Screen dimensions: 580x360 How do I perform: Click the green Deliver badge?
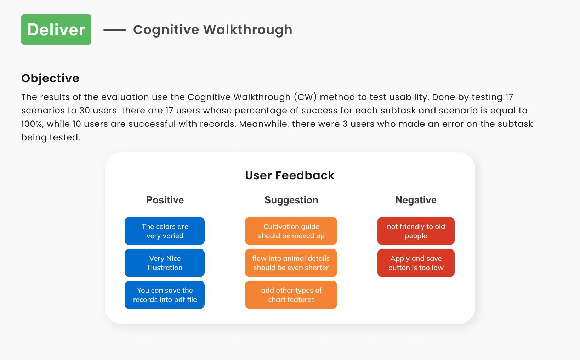pyautogui.click(x=56, y=29)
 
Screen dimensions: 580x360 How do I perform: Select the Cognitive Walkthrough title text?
pyautogui.click(x=212, y=30)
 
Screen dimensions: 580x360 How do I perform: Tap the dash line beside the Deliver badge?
pyautogui.click(x=115, y=30)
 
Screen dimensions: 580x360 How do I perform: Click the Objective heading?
pyautogui.click(x=50, y=78)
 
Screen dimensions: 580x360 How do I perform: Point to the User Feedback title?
pyautogui.click(x=290, y=175)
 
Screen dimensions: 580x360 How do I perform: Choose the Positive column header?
pyautogui.click(x=165, y=200)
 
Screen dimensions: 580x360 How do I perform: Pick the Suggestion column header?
pyautogui.click(x=291, y=200)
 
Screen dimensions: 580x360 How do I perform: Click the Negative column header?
pyautogui.click(x=416, y=200)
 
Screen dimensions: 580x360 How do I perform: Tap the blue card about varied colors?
pyautogui.click(x=165, y=231)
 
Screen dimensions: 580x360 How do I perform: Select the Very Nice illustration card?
pyautogui.click(x=165, y=263)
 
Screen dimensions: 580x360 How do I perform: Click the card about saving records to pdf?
pyautogui.click(x=165, y=295)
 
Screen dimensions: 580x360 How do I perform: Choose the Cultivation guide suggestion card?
pyautogui.click(x=291, y=231)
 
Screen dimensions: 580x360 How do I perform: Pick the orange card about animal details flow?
pyautogui.click(x=291, y=263)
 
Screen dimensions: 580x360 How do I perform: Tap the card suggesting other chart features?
pyautogui.click(x=291, y=295)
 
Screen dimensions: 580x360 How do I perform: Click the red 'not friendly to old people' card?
pyautogui.click(x=416, y=231)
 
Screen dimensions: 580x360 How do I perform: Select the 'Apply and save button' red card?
pyautogui.click(x=416, y=263)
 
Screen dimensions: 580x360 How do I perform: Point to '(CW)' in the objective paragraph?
pyautogui.click(x=305, y=97)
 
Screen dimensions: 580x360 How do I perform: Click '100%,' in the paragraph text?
pyautogui.click(x=32, y=124)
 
